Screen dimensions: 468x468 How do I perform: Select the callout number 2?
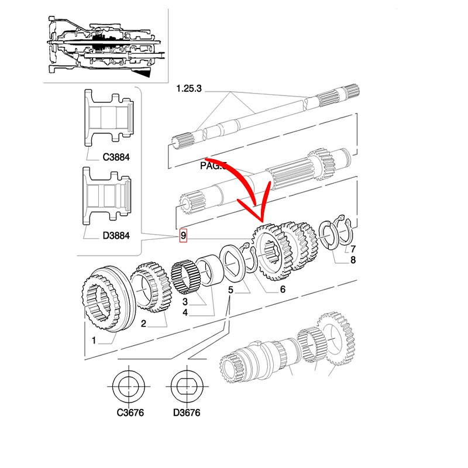tap(143, 323)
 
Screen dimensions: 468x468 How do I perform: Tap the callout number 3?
tap(184, 302)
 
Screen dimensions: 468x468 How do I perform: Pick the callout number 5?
tap(231, 290)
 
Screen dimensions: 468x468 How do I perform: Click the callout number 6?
tap(283, 289)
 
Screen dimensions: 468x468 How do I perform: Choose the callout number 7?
tap(353, 249)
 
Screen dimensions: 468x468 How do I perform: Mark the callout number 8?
tap(353, 260)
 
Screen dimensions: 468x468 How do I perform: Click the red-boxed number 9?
tap(183, 236)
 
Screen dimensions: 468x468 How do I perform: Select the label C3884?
tap(116, 157)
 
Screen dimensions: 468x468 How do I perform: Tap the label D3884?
tap(116, 236)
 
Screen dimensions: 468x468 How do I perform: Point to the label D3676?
tap(187, 412)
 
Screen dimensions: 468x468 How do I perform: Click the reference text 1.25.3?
tap(189, 89)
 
